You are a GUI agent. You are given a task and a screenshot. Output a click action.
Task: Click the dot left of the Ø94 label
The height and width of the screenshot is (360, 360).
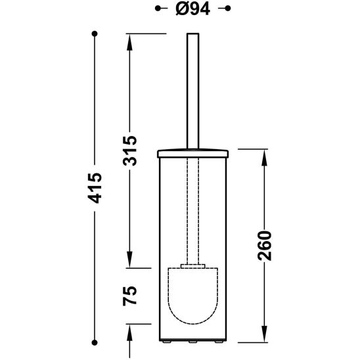(x=158, y=9)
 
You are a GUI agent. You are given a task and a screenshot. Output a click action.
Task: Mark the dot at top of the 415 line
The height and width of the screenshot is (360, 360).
(x=95, y=33)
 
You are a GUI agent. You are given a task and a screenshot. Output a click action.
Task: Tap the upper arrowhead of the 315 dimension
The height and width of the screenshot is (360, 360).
(x=129, y=39)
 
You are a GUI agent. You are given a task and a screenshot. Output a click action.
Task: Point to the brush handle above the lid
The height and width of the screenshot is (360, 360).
(x=192, y=92)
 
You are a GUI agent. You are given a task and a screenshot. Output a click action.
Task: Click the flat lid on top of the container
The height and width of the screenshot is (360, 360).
(x=192, y=154)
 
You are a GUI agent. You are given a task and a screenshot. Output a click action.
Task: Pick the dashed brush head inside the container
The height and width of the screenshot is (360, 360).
(x=192, y=296)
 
